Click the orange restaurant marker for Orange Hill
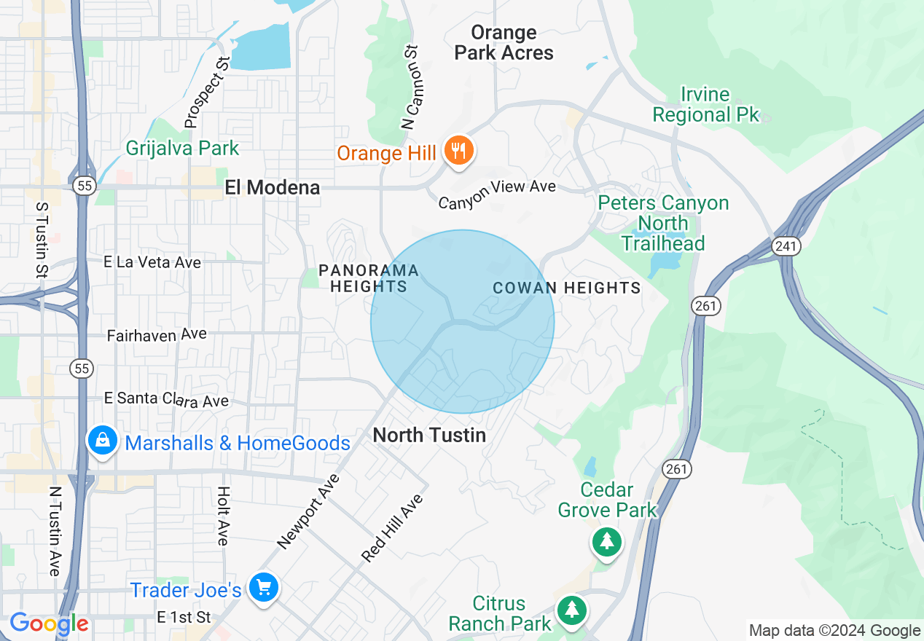click(x=458, y=151)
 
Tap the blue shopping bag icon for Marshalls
click(x=103, y=441)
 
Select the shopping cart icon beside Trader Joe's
click(x=263, y=587)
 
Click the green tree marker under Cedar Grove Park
click(x=606, y=541)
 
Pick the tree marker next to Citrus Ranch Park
click(x=572, y=610)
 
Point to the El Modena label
click(x=272, y=187)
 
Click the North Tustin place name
click(x=429, y=435)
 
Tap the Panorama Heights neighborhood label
click(x=368, y=278)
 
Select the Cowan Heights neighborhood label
click(x=567, y=288)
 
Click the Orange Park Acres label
click(x=504, y=42)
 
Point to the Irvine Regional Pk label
click(x=705, y=104)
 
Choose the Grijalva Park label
click(x=182, y=148)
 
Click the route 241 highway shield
click(x=786, y=246)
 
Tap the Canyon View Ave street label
click(x=497, y=194)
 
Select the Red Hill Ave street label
click(x=392, y=528)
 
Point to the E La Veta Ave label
click(x=152, y=262)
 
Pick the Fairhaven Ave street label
click(x=157, y=335)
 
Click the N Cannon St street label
click(x=412, y=87)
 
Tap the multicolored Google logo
click(x=49, y=624)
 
